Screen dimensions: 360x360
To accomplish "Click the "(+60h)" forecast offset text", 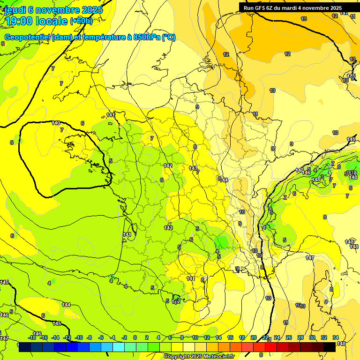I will pos(81,21).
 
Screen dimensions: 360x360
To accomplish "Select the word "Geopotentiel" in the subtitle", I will pos(27,37).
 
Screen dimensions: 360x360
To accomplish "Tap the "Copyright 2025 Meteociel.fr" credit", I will pos(199,357).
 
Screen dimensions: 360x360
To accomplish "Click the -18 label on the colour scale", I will pos(32,337).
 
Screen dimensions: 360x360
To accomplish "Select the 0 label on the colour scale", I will pos(135,337).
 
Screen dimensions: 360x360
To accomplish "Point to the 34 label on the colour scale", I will pos(336,337).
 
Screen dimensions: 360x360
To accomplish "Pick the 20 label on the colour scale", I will pos(254,337).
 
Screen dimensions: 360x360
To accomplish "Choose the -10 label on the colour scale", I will pos(79,337).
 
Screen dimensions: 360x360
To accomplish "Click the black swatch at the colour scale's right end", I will pos(330,347).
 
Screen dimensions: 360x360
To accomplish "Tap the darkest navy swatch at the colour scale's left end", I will pos(25,347).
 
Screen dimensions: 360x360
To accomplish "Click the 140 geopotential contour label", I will pos(56,123).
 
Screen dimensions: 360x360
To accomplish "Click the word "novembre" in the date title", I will pos(58,10).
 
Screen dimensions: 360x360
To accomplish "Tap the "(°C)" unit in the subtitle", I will pos(169,37).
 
